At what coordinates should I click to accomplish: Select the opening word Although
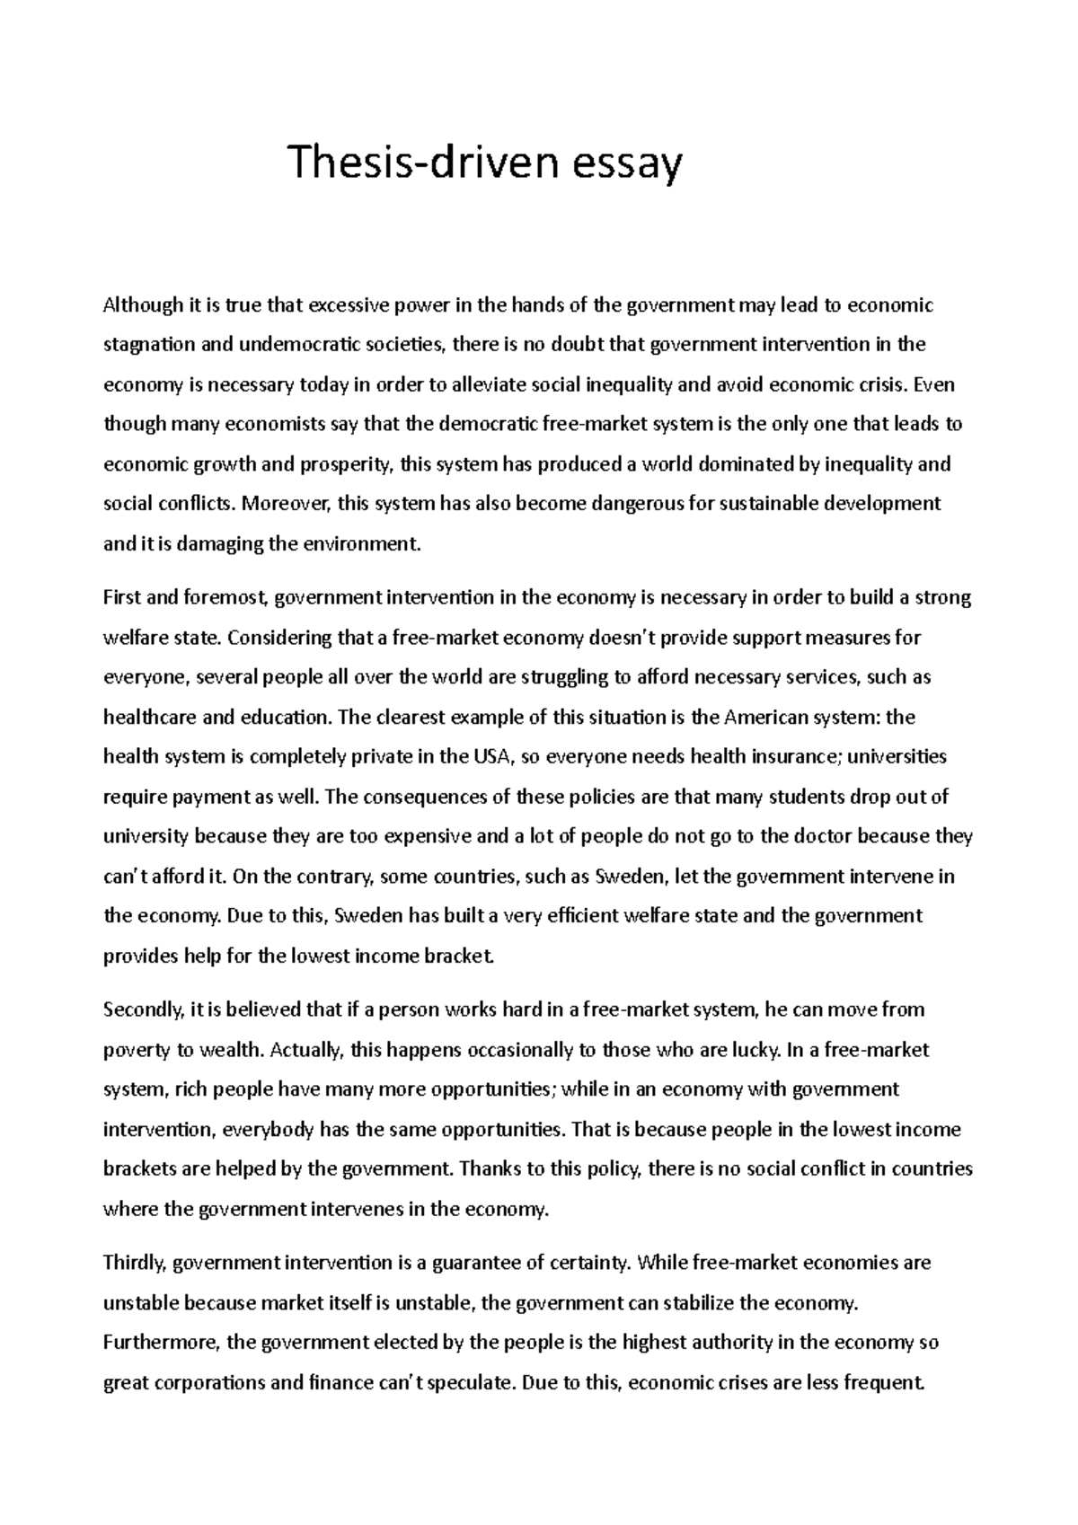tap(142, 305)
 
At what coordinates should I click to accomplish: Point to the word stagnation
tap(148, 346)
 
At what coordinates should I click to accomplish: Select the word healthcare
tap(147, 718)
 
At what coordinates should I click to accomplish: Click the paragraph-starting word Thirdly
tap(135, 1263)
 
